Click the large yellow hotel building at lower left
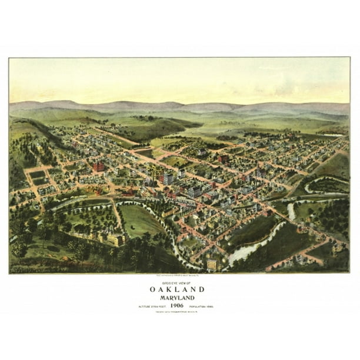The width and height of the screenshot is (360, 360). tap(112, 238)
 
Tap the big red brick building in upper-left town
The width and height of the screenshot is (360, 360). tap(98, 167)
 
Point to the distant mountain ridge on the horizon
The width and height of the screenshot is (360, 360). tap(176, 106)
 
